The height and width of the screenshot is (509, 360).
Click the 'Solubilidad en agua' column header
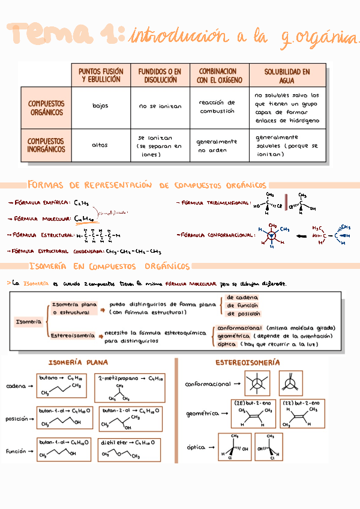287,76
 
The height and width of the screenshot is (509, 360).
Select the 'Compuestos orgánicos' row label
46,108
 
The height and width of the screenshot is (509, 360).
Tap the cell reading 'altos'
100,145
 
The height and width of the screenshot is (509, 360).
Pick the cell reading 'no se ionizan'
160,106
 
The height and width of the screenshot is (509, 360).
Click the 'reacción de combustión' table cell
217,107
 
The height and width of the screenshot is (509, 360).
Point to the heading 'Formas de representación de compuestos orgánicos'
147,185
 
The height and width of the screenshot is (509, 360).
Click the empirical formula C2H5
82,203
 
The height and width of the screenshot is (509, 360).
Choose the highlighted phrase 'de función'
244,305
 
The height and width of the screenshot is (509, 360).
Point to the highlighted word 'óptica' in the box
227,345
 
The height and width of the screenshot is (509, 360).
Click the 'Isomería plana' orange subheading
78,363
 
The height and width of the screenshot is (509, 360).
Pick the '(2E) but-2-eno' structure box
253,414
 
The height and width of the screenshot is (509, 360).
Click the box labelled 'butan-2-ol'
130,418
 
